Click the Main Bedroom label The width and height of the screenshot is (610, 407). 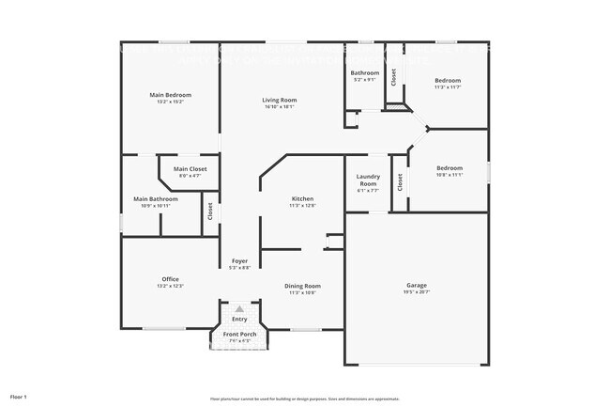[171, 95]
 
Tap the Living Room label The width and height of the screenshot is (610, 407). [279, 100]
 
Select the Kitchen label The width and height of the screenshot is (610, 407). [302, 198]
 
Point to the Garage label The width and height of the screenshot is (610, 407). [417, 285]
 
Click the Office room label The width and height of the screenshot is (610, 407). [170, 278]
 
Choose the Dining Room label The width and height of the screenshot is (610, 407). [302, 286]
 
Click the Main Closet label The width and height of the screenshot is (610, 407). [190, 168]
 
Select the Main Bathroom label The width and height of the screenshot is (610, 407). [156, 198]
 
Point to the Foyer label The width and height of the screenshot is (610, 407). [239, 261]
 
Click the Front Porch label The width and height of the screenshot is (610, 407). [239, 335]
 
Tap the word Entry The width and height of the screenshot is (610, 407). [239, 319]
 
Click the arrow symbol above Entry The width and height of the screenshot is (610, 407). [239, 307]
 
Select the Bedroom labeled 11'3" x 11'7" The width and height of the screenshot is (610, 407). [447, 81]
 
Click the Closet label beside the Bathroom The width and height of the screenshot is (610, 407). [394, 76]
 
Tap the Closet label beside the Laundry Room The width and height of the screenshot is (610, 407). [400, 181]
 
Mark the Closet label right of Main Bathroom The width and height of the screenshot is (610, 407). [210, 211]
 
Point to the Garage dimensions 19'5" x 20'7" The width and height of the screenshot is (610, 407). [417, 292]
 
